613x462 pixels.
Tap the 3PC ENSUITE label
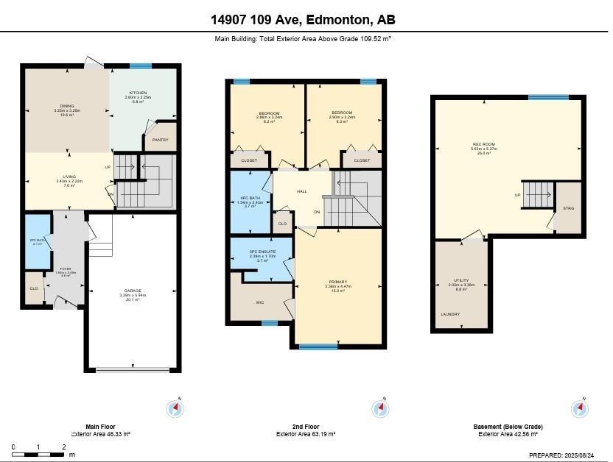pyautogui.click(x=262, y=252)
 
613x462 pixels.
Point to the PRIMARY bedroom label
pyautogui.click(x=338, y=282)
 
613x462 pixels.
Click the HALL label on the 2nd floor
pyautogui.click(x=301, y=191)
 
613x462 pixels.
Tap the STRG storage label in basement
pyautogui.click(x=568, y=208)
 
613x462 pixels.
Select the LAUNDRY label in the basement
pyautogui.click(x=450, y=314)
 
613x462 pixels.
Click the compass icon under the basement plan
pyautogui.click(x=580, y=408)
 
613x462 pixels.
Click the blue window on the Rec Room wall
pyautogui.click(x=548, y=97)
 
